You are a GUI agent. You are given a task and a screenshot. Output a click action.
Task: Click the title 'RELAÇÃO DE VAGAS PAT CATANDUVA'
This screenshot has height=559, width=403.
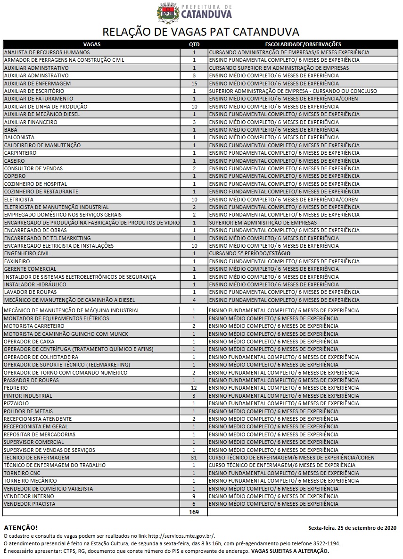coord(201,32)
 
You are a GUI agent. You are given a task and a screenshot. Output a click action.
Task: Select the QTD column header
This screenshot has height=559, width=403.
coord(194,44)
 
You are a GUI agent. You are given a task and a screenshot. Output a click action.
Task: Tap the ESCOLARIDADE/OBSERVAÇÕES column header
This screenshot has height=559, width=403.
coord(303,44)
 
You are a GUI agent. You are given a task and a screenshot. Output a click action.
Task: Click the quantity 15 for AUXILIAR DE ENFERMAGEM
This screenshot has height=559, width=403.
coord(194,83)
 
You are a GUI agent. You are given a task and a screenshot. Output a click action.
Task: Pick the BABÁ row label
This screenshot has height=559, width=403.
coord(10,130)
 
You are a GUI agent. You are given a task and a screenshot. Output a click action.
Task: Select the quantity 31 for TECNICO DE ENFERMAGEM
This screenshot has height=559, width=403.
coord(194,458)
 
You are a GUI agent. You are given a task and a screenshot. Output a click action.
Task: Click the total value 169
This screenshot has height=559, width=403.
coord(194,512)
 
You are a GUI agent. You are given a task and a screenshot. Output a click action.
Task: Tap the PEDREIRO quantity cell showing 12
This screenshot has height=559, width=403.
coord(194,388)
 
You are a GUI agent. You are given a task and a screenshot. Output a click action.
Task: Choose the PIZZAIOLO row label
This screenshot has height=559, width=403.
coord(16,403)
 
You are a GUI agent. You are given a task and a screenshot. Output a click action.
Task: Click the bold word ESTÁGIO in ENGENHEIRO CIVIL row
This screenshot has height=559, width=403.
coord(280,253)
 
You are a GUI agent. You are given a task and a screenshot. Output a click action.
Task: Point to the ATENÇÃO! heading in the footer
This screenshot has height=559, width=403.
coord(20,527)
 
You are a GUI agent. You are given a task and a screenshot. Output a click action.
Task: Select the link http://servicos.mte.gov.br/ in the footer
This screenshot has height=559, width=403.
coord(181,536)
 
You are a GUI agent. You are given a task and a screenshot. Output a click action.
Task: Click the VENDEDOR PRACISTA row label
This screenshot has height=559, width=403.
coord(29,504)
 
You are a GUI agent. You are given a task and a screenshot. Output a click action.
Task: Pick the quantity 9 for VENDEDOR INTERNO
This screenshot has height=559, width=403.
coord(194,496)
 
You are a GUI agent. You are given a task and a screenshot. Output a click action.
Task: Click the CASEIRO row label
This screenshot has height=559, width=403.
coord(14,161)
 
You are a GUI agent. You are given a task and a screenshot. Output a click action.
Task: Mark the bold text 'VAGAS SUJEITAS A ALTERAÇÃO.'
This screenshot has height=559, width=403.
coord(290,551)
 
